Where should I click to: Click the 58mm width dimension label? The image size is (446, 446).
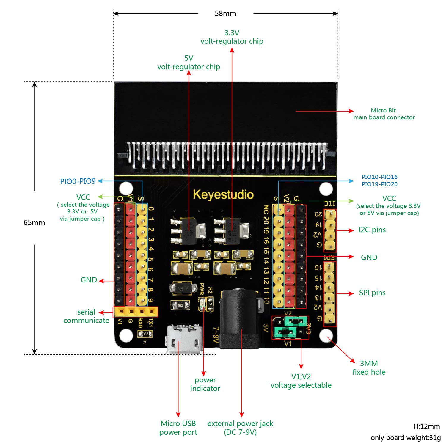click(x=225, y=14)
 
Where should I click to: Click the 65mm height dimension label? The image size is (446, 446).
click(x=34, y=222)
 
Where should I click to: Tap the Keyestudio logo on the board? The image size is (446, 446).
click(x=223, y=194)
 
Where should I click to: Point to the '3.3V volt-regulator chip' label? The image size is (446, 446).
click(x=232, y=37)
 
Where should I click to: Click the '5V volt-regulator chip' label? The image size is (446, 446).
click(x=189, y=62)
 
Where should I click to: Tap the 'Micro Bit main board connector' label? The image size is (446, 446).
click(x=384, y=114)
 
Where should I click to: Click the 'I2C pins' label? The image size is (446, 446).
click(x=372, y=230)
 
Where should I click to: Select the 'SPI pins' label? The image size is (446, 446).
click(x=372, y=293)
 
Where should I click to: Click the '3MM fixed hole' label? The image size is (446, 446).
click(x=369, y=368)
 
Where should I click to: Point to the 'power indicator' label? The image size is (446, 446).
click(x=205, y=384)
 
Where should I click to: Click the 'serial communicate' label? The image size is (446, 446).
click(x=86, y=316)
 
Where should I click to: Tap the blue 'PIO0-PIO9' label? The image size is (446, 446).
click(x=78, y=181)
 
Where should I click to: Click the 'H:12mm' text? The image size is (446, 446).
click(x=426, y=426)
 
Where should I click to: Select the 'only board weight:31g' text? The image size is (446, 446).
click(x=406, y=438)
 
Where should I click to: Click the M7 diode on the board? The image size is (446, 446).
click(x=183, y=288)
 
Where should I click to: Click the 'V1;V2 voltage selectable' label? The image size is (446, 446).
click(x=301, y=381)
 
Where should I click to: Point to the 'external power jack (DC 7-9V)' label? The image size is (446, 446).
click(x=240, y=428)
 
